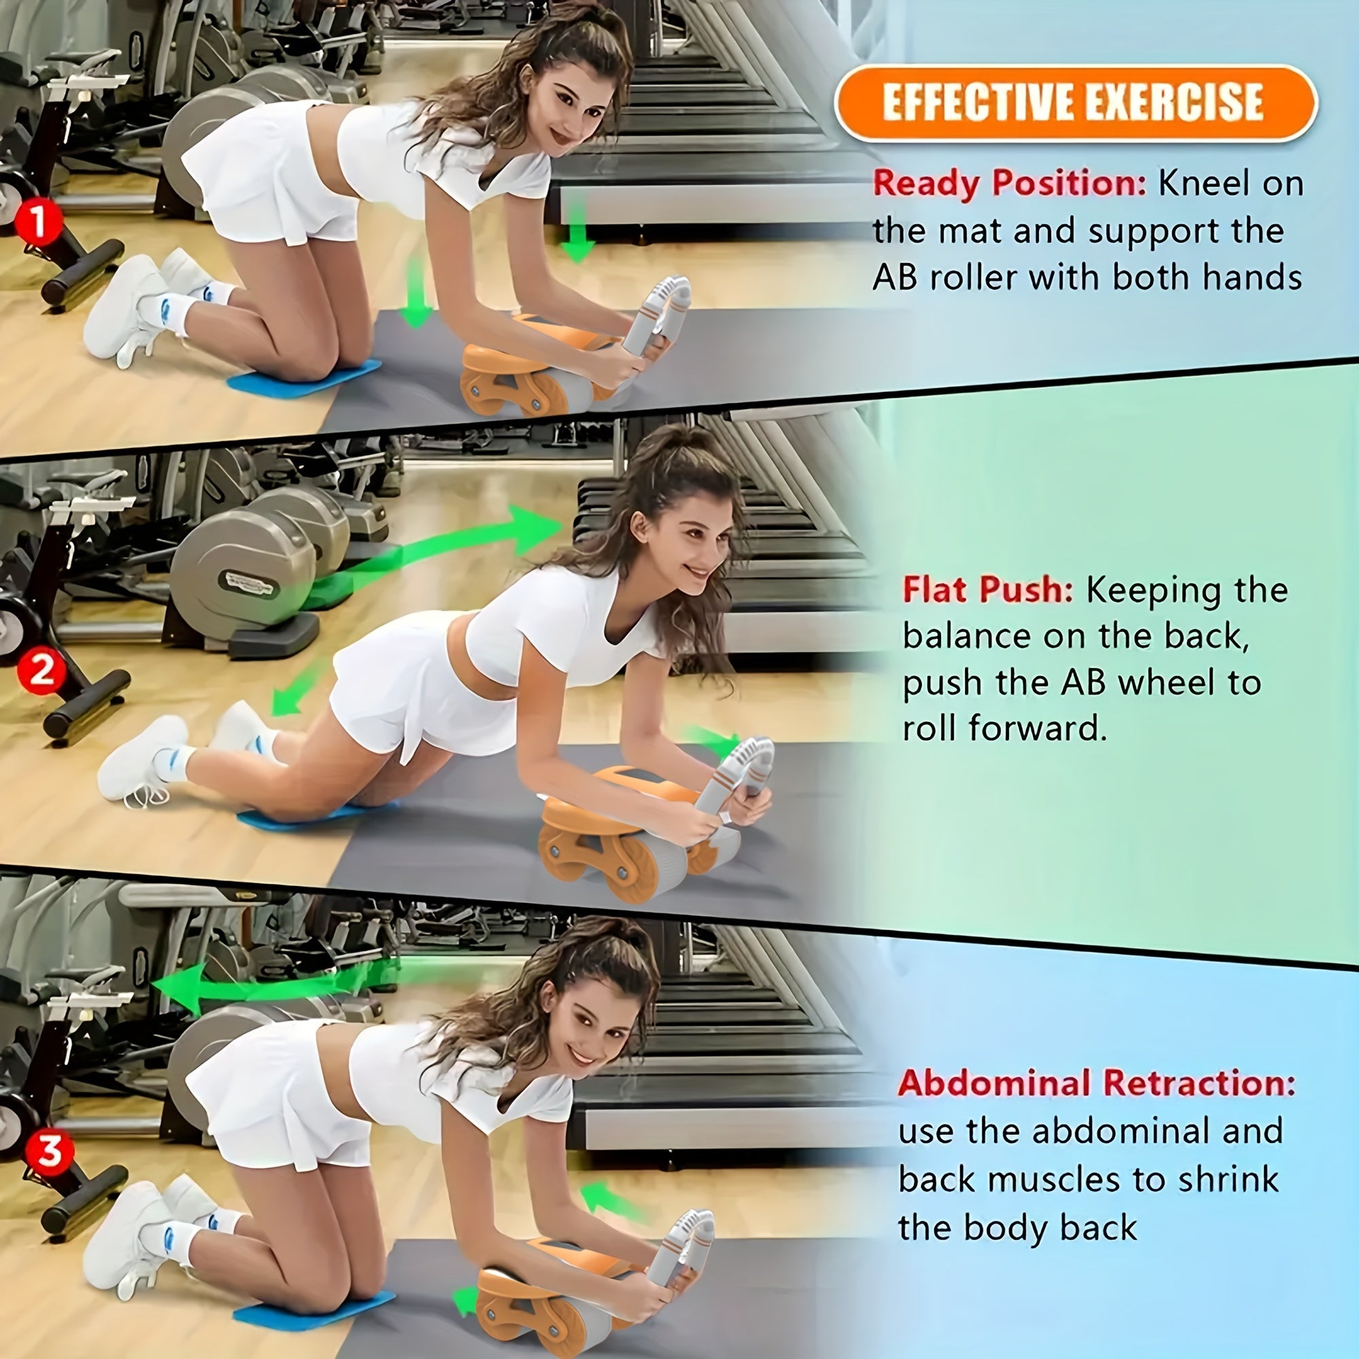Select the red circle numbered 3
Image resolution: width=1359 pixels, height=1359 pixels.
click(48, 1152)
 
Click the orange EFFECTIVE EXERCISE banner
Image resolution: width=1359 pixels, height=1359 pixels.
click(1075, 103)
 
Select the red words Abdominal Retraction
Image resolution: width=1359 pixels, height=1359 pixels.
click(1095, 1082)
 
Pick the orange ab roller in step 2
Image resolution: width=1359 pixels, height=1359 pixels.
click(619, 830)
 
